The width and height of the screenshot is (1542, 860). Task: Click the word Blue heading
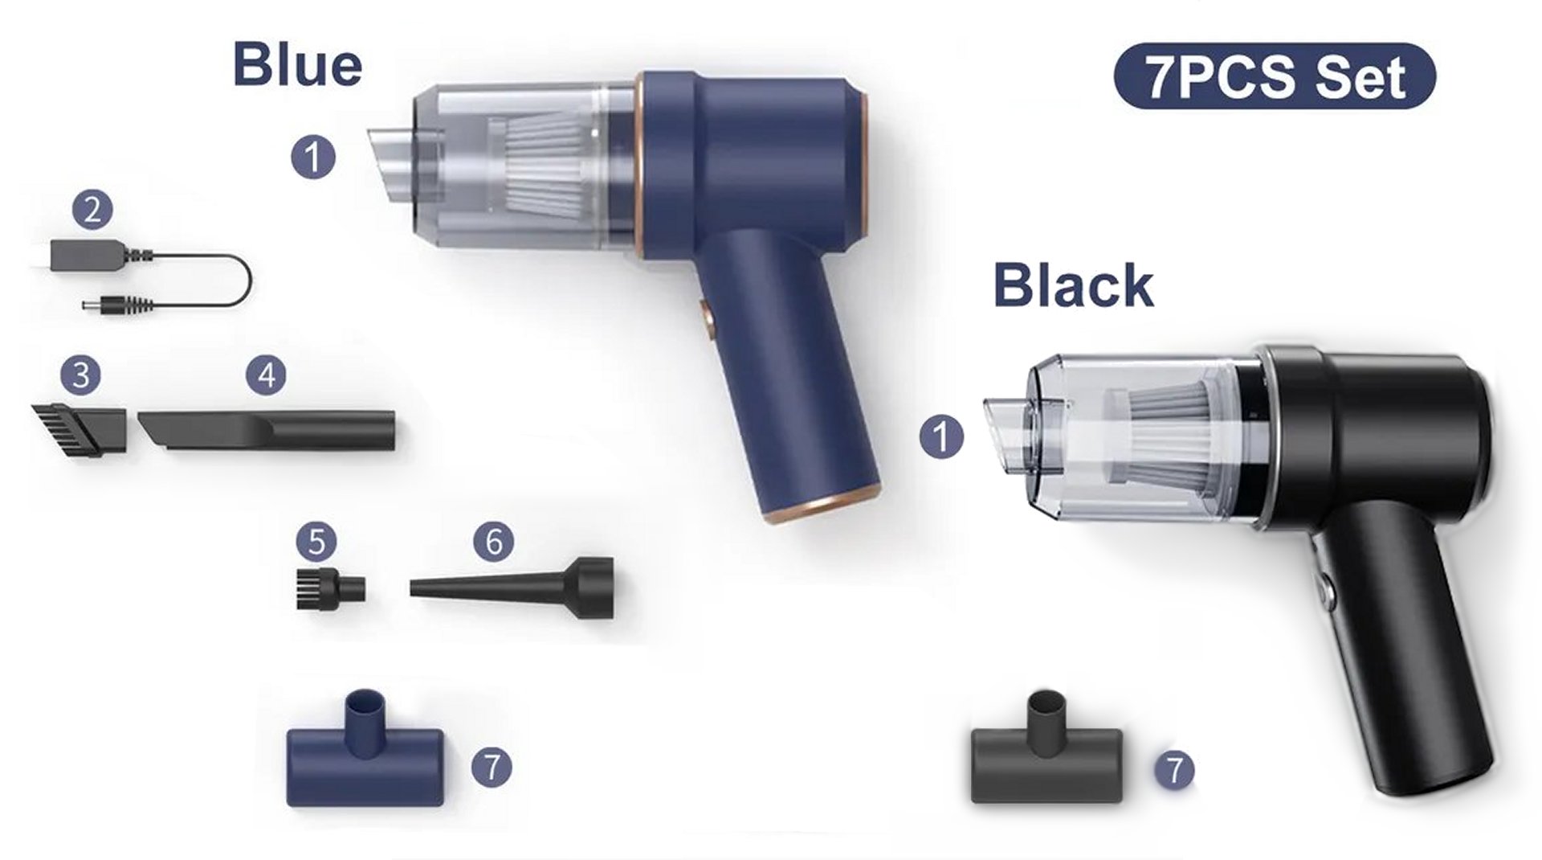[x=297, y=64]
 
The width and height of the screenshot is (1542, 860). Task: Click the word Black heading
[x=1074, y=285]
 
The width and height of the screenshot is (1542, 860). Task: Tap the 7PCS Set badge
[x=1275, y=76]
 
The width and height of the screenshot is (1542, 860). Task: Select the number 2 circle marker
[x=92, y=210]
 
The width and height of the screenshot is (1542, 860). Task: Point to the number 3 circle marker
[x=81, y=375]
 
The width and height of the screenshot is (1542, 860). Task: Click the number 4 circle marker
[x=266, y=375]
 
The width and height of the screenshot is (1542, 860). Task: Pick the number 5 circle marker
[x=316, y=542]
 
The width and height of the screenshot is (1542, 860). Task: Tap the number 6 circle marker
[x=494, y=542]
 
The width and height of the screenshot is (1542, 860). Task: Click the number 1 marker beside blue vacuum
[x=313, y=157]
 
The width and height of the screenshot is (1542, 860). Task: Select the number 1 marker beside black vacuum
[x=941, y=437]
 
